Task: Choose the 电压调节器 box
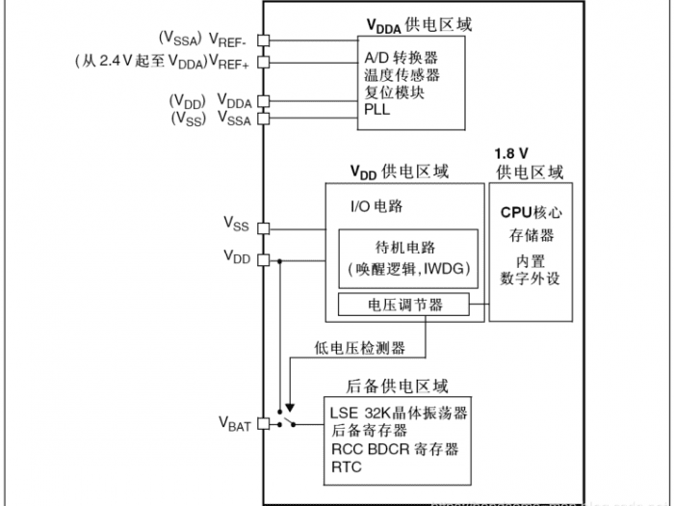coord(404,305)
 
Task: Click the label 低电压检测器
coord(359,347)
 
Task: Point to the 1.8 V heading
coord(513,153)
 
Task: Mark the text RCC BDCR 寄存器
coord(395,449)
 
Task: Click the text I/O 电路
coord(376,205)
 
